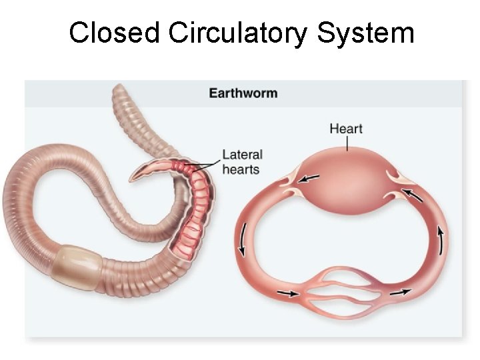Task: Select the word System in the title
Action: (365, 33)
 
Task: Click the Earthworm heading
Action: (243, 93)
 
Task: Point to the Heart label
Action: (346, 128)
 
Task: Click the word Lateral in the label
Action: (243, 155)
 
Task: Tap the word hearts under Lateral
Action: (241, 169)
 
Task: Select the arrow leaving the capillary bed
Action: (400, 292)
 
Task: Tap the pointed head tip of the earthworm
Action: (133, 178)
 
